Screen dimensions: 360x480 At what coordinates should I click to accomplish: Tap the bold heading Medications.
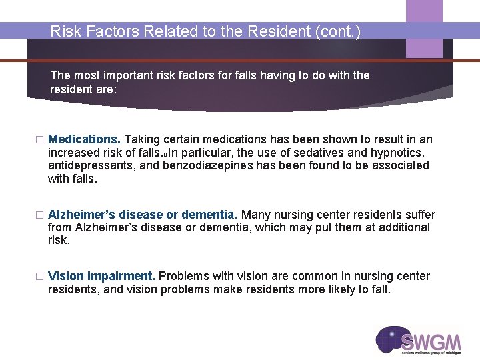pos(84,139)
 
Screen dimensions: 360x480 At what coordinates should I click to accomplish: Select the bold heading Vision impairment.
pos(101,276)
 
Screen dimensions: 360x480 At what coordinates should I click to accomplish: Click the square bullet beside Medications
pos(39,140)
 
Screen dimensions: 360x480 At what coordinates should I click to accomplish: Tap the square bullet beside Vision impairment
pos(39,277)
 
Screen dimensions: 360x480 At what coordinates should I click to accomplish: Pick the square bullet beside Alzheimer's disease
pos(39,215)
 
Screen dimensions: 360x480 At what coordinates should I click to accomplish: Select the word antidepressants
pos(91,165)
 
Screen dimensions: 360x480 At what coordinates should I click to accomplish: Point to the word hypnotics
pos(400,153)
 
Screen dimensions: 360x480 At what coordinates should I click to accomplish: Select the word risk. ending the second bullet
pos(59,239)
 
